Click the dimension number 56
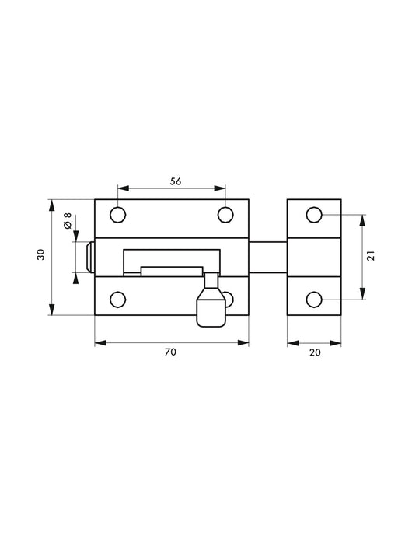176,181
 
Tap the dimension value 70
171,352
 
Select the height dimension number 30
40,256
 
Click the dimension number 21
371,255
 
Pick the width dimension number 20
314,352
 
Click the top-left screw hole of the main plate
118,215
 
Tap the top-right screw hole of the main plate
225,215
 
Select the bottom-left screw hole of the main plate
118,299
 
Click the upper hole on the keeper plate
314,215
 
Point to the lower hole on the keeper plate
314,299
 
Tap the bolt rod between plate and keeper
268,257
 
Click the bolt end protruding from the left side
90,257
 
